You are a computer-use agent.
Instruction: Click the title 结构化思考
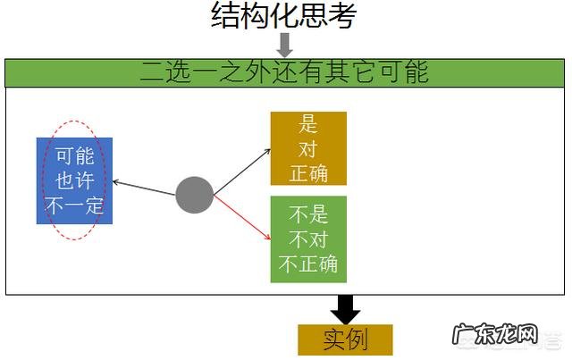(x=283, y=15)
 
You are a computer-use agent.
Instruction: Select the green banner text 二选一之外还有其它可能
(x=283, y=72)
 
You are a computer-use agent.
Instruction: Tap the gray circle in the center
(x=194, y=195)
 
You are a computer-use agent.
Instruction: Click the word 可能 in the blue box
(x=74, y=155)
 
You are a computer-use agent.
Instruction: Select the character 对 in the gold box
(x=308, y=149)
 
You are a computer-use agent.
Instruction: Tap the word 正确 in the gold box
(x=308, y=172)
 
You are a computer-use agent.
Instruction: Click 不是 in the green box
(x=308, y=214)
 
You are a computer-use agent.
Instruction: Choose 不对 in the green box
(x=308, y=239)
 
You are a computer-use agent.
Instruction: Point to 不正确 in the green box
(x=308, y=264)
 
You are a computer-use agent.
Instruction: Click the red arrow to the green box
(x=243, y=219)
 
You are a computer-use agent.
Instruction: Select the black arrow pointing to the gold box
(x=243, y=171)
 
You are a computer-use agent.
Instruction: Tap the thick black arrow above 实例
(x=345, y=309)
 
